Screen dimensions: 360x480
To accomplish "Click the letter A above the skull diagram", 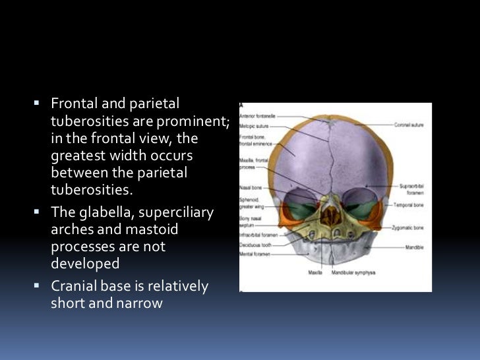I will tap(241, 105).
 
